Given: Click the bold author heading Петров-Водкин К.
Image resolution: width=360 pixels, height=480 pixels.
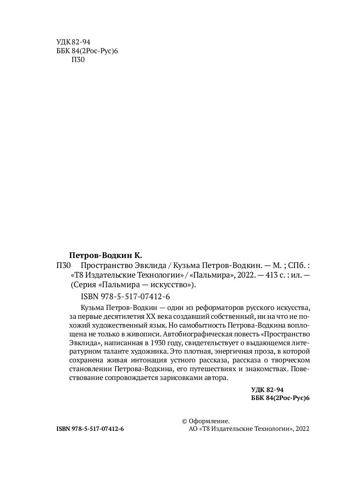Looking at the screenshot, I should [106, 255].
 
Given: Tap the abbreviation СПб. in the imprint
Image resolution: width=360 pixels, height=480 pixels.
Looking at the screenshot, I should [296, 265].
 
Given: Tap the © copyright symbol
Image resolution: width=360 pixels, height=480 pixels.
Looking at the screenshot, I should [185, 421].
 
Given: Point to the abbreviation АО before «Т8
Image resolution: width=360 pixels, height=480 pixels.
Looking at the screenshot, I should [193, 429].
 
